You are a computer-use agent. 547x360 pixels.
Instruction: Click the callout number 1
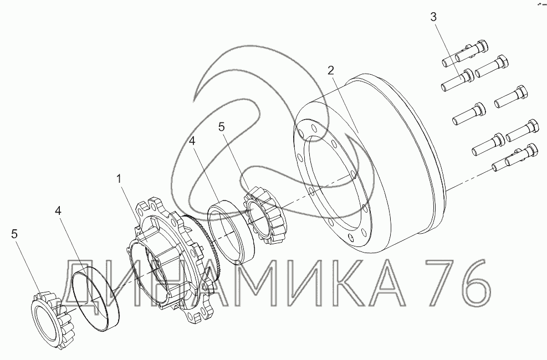click(119, 179)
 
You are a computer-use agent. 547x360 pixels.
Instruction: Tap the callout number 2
click(331, 70)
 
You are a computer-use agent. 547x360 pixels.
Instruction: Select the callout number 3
click(433, 17)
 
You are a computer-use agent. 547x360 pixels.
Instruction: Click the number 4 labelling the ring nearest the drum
click(192, 141)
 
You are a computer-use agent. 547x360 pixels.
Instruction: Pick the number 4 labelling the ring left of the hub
click(58, 211)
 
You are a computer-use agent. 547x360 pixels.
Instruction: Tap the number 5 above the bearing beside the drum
click(222, 127)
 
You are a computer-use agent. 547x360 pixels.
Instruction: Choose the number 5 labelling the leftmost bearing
click(14, 234)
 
